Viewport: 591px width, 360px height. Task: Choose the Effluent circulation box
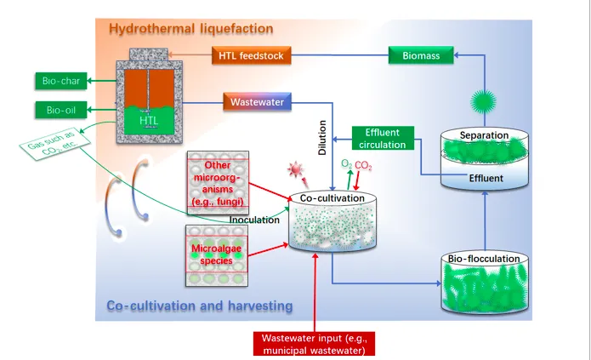coord(383,138)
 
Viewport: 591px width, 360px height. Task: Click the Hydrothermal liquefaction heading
coord(190,30)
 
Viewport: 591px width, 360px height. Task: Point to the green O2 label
coord(346,164)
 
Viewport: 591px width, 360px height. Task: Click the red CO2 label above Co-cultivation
coord(363,164)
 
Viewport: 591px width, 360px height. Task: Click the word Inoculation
coord(254,220)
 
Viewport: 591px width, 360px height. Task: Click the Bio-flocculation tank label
coord(482,259)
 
